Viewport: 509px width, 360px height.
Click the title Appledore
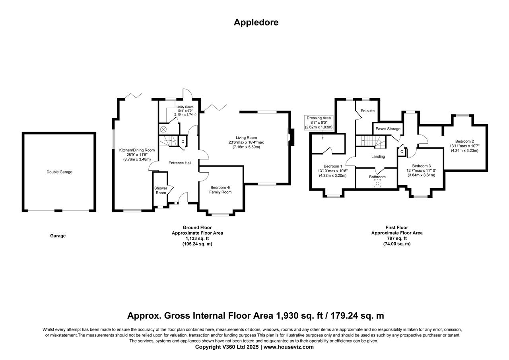click(256, 23)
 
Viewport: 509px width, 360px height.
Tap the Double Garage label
click(59, 172)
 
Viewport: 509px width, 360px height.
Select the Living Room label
click(246, 138)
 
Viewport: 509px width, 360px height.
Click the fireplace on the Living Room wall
click(291, 137)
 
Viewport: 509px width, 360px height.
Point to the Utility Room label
click(185, 107)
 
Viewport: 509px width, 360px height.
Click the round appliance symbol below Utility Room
click(163, 129)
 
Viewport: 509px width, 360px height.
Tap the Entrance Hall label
click(180, 163)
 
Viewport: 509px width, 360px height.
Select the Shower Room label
click(161, 191)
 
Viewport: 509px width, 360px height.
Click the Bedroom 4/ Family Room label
click(220, 190)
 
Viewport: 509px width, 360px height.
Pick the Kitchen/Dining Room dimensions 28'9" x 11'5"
click(137, 155)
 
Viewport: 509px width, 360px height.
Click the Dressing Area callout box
click(319, 123)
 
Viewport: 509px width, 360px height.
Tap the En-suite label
click(367, 111)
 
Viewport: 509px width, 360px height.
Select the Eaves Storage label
click(388, 129)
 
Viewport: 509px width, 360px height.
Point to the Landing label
click(378, 156)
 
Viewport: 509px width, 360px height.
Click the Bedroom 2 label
click(464, 141)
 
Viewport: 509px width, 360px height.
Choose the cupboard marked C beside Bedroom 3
click(402, 152)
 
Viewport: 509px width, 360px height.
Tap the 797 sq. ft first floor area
click(396, 238)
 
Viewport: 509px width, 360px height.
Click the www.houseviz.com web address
click(288, 347)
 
